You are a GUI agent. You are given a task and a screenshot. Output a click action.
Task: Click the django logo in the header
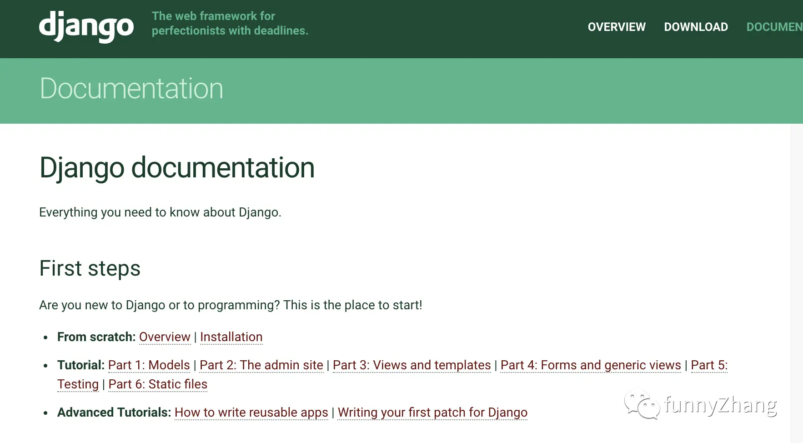pos(86,26)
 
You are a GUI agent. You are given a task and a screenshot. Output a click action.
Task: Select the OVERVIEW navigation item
pos(617,27)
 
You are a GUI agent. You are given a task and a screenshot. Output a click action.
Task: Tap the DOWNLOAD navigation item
pos(696,27)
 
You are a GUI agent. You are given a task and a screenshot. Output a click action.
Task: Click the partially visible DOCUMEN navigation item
pos(774,27)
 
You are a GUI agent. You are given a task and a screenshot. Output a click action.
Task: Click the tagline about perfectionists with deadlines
pos(230,23)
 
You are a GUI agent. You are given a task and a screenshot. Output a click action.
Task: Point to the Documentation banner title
pos(131,88)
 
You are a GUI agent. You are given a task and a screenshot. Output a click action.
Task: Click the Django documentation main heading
pos(177,168)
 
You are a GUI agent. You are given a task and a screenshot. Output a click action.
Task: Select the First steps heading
pos(90,268)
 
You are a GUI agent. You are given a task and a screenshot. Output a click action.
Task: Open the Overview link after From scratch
pos(165,337)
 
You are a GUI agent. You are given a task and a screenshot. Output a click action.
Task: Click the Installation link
pos(231,337)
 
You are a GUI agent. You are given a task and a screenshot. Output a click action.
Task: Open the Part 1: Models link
pos(149,365)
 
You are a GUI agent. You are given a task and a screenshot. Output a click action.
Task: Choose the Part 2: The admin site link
pos(261,365)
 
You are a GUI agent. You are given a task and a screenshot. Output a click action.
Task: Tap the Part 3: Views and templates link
pos(412,365)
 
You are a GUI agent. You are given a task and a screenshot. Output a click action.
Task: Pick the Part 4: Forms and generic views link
pos(591,365)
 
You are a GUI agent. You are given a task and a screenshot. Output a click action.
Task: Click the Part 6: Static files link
pos(158,384)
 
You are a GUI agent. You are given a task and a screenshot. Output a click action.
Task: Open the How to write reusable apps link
pos(251,413)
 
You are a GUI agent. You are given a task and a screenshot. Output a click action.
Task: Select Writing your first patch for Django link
pos(432,413)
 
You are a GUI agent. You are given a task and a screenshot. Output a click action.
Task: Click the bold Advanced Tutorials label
pos(114,413)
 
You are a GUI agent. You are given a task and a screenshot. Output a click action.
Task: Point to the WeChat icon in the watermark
pos(642,404)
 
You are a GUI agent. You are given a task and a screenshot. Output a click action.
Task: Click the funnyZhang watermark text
pos(720,405)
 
